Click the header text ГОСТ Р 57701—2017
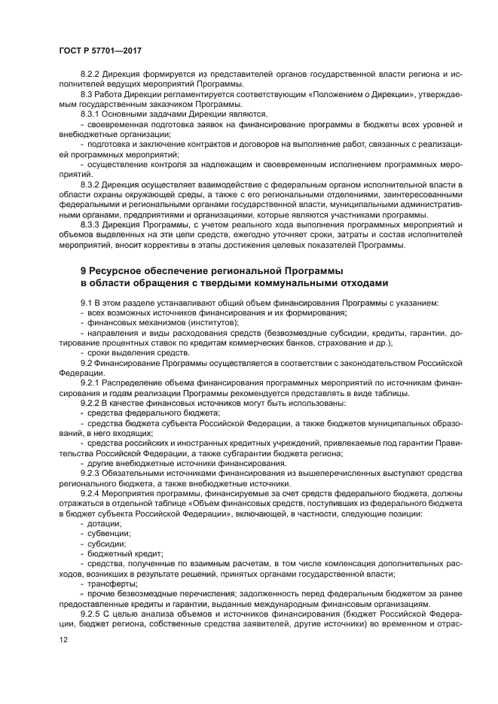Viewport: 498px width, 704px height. coord(100,50)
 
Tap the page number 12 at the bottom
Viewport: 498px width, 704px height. coord(63,639)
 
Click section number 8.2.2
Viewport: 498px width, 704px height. coord(93,75)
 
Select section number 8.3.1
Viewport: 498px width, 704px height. coord(93,114)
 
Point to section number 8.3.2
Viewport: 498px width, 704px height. coord(93,184)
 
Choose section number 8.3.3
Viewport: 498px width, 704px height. coord(93,224)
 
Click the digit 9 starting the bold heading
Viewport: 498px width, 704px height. coord(84,270)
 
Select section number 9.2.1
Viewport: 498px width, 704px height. coord(93,382)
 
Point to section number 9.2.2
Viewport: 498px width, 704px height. coord(93,403)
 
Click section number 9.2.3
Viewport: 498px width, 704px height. coord(93,473)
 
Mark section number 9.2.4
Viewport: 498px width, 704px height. coord(93,493)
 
